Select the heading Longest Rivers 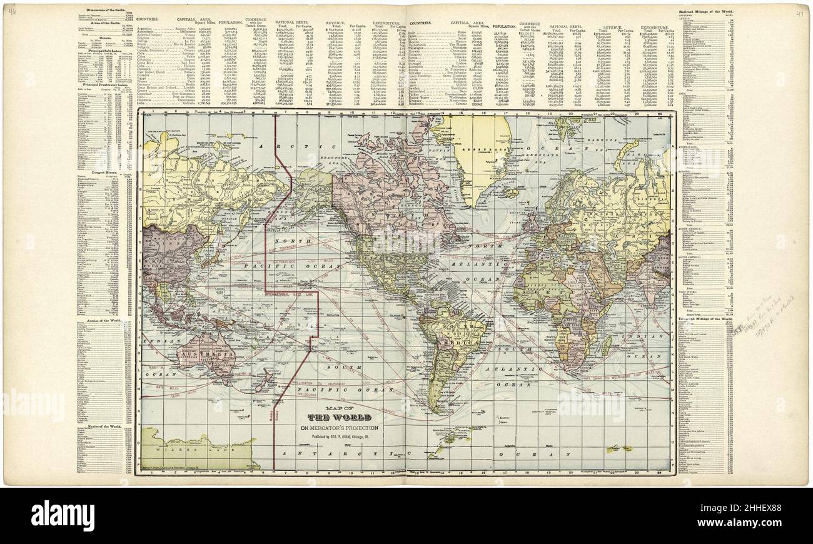[94, 172]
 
